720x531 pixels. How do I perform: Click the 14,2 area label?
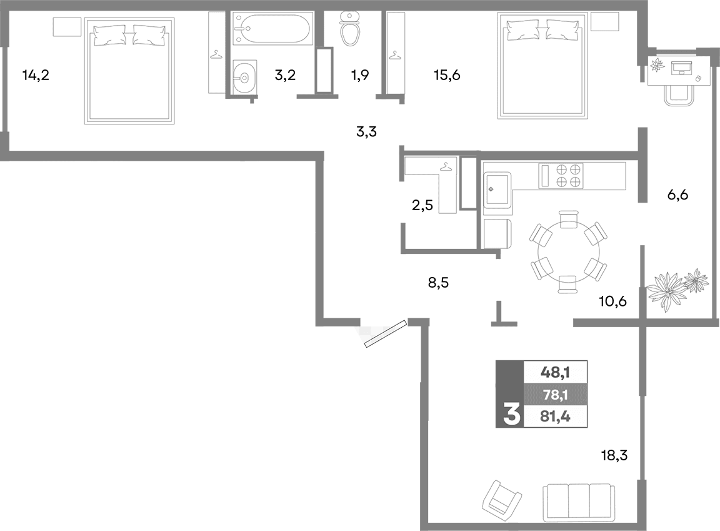coord(35,76)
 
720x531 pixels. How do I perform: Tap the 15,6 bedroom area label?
coord(447,76)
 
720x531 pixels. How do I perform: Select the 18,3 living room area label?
coord(614,455)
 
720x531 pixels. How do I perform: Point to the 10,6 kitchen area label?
coord(613,301)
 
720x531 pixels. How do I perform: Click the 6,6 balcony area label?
coord(677,195)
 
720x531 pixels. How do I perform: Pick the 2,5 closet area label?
coord(422,205)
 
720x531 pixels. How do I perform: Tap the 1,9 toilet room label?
coord(359,76)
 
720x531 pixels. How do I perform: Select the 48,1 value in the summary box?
coord(555,372)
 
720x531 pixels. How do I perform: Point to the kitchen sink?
coord(497,187)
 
